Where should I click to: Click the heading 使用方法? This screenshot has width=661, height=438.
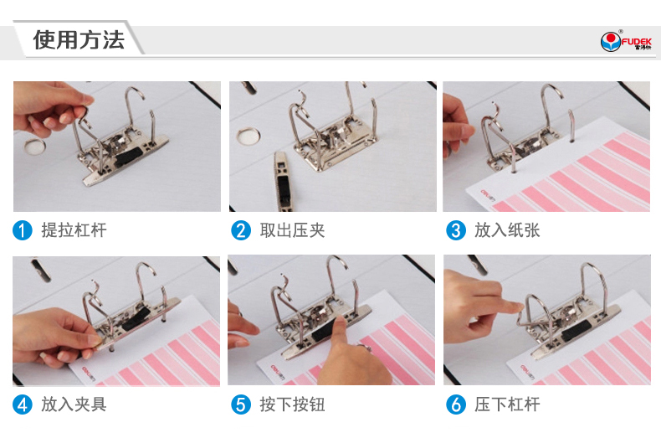[79, 40]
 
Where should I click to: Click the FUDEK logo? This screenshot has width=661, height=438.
[626, 41]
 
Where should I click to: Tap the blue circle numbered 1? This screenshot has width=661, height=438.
[23, 230]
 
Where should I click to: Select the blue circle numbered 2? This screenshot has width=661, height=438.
[241, 230]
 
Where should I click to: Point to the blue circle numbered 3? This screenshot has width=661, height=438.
[456, 230]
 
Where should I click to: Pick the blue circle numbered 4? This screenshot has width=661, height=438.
[23, 405]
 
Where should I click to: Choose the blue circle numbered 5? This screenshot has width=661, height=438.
[241, 405]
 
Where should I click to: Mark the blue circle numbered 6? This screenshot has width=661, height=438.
[456, 405]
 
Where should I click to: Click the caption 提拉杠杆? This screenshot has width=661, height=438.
[74, 230]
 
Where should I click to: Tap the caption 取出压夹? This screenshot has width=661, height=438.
[292, 230]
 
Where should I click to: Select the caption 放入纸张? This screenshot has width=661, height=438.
[507, 230]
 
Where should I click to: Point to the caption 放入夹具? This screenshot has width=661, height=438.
[74, 405]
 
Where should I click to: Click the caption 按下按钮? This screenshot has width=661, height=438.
[292, 405]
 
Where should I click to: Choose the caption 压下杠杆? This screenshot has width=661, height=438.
[507, 405]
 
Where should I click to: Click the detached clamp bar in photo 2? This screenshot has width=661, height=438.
[283, 181]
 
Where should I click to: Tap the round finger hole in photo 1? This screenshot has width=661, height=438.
[34, 146]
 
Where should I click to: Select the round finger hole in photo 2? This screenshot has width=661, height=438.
[249, 136]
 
